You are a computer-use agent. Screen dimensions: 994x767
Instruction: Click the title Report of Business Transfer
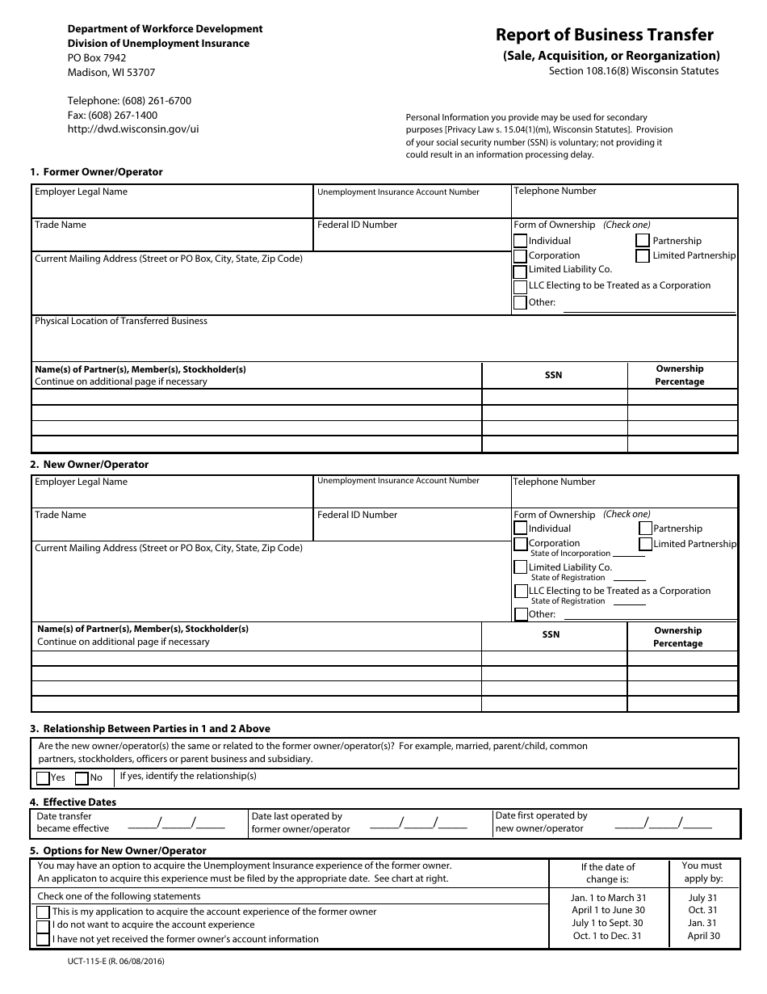coord(604,35)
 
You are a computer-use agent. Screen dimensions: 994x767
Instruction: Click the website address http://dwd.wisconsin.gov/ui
coord(133,128)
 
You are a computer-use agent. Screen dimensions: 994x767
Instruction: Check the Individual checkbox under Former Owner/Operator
coord(521,241)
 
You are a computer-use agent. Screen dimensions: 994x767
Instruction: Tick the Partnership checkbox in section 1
coord(643,241)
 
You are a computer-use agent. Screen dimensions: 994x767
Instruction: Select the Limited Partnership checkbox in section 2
coord(645,544)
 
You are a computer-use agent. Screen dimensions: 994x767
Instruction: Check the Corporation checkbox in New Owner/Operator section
coord(521,544)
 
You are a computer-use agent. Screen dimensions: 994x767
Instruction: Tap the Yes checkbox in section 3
coord(43,778)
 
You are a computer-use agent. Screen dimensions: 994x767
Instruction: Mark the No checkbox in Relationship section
coord(82,778)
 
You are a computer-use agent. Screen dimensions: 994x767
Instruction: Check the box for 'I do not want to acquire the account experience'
coord(43,925)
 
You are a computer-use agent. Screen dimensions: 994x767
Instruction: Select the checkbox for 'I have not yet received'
coord(43,940)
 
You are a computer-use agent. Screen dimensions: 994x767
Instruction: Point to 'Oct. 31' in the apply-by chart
coord(702,911)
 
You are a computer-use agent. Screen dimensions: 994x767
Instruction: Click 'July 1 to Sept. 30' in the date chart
coord(608,924)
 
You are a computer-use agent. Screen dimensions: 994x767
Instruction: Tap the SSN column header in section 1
coord(554,376)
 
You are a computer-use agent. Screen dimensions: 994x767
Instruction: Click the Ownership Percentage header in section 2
coord(678,637)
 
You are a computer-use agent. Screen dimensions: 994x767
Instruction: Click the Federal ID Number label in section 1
coord(357,225)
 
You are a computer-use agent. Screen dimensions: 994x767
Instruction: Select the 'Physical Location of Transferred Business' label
coord(121,321)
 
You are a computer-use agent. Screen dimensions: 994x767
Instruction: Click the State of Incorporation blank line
coord(629,555)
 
